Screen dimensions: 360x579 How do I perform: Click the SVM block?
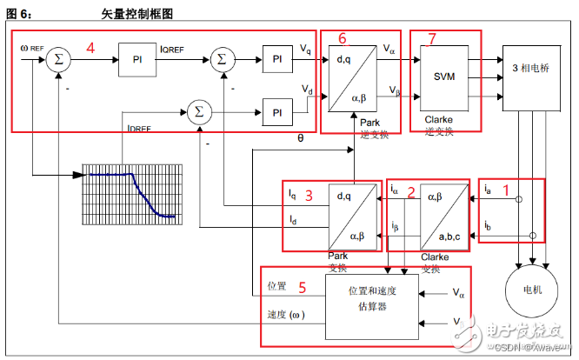point(445,76)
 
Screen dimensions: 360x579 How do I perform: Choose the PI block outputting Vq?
point(276,60)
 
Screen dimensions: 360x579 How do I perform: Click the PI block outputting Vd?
point(276,112)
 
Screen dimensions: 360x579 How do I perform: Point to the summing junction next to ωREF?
point(59,60)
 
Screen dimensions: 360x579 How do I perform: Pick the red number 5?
point(302,285)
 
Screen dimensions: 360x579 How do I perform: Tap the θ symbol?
point(301,137)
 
